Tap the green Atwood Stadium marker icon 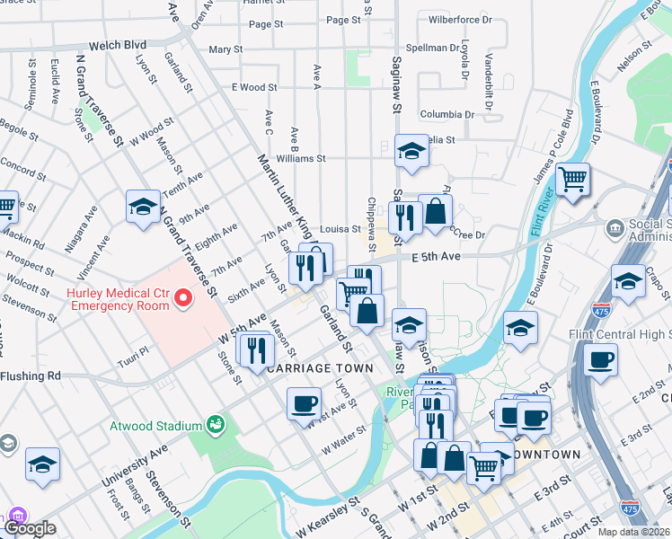point(215,423)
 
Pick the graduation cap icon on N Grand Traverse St point(143,207)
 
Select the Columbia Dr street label point(447,115)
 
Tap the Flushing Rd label point(30,376)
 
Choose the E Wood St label point(254,87)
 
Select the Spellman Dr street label point(433,47)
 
